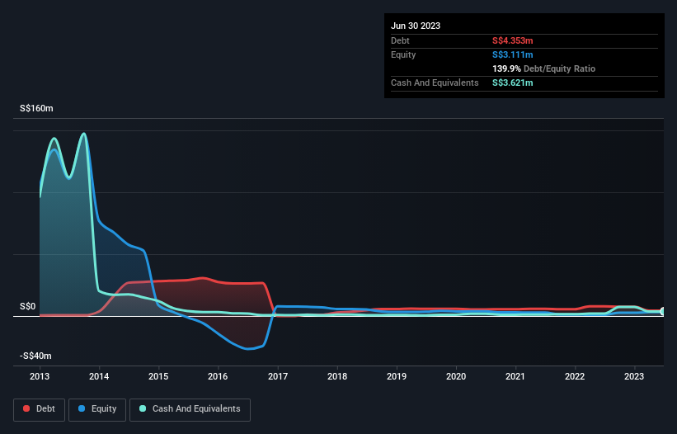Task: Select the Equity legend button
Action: click(96, 408)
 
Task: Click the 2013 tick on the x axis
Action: click(40, 377)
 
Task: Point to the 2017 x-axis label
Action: click(278, 377)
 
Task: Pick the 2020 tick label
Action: click(456, 377)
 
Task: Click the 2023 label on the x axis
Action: click(634, 377)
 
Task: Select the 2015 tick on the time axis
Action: click(158, 377)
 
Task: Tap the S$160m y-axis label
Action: click(36, 108)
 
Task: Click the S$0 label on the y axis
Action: click(28, 306)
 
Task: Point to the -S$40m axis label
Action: click(36, 356)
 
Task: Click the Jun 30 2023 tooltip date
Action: click(416, 26)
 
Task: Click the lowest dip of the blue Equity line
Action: click(248, 349)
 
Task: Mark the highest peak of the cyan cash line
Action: click(83, 134)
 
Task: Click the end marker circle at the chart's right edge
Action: click(663, 311)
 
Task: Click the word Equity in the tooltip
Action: click(403, 54)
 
